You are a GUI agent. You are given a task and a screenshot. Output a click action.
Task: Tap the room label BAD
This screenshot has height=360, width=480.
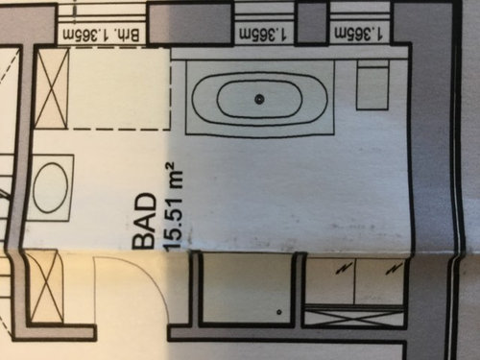(x=143, y=223)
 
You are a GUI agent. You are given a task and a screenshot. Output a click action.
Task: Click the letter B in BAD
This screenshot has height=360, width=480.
(x=143, y=241)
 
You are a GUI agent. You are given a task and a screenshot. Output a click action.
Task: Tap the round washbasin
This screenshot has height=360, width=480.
(x=51, y=188)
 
